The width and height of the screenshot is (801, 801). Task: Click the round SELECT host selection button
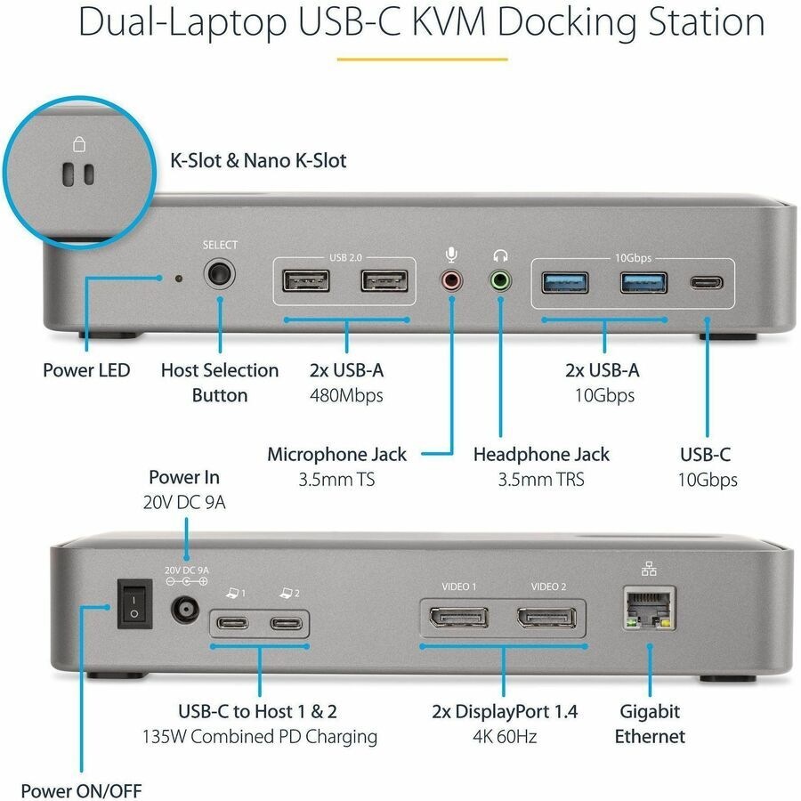[220, 275]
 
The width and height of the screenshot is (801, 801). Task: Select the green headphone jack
[502, 282]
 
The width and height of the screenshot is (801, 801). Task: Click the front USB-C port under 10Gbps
[707, 284]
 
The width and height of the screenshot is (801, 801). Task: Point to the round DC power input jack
[185, 610]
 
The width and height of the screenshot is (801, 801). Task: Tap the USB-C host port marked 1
[232, 623]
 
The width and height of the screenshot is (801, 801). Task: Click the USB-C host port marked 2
[287, 623]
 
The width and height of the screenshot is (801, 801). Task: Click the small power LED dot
[179, 279]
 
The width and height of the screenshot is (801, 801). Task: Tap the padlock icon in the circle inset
[78, 144]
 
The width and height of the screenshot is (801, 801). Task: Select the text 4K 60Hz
[504, 737]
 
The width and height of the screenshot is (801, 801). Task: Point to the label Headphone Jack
[541, 455]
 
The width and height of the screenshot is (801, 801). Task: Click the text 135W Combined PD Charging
[260, 737]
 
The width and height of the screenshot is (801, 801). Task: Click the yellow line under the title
[422, 61]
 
